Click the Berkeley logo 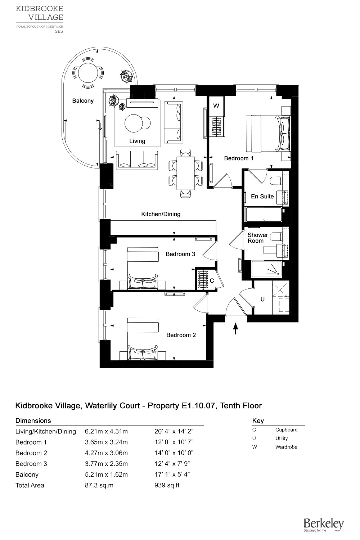323,525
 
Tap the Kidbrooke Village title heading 40,13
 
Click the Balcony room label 83,101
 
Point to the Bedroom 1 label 239,158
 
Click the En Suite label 262,197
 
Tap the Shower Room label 257,238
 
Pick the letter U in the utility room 262,300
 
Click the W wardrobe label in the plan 216,106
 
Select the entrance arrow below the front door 236,328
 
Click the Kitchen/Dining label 161,214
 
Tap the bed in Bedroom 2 143,339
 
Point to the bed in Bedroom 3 143,268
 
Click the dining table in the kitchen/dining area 185,173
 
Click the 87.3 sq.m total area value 99,485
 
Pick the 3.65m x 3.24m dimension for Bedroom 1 106,442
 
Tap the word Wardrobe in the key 286,447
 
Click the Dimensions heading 33,421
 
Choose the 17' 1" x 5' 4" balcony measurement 172,474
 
